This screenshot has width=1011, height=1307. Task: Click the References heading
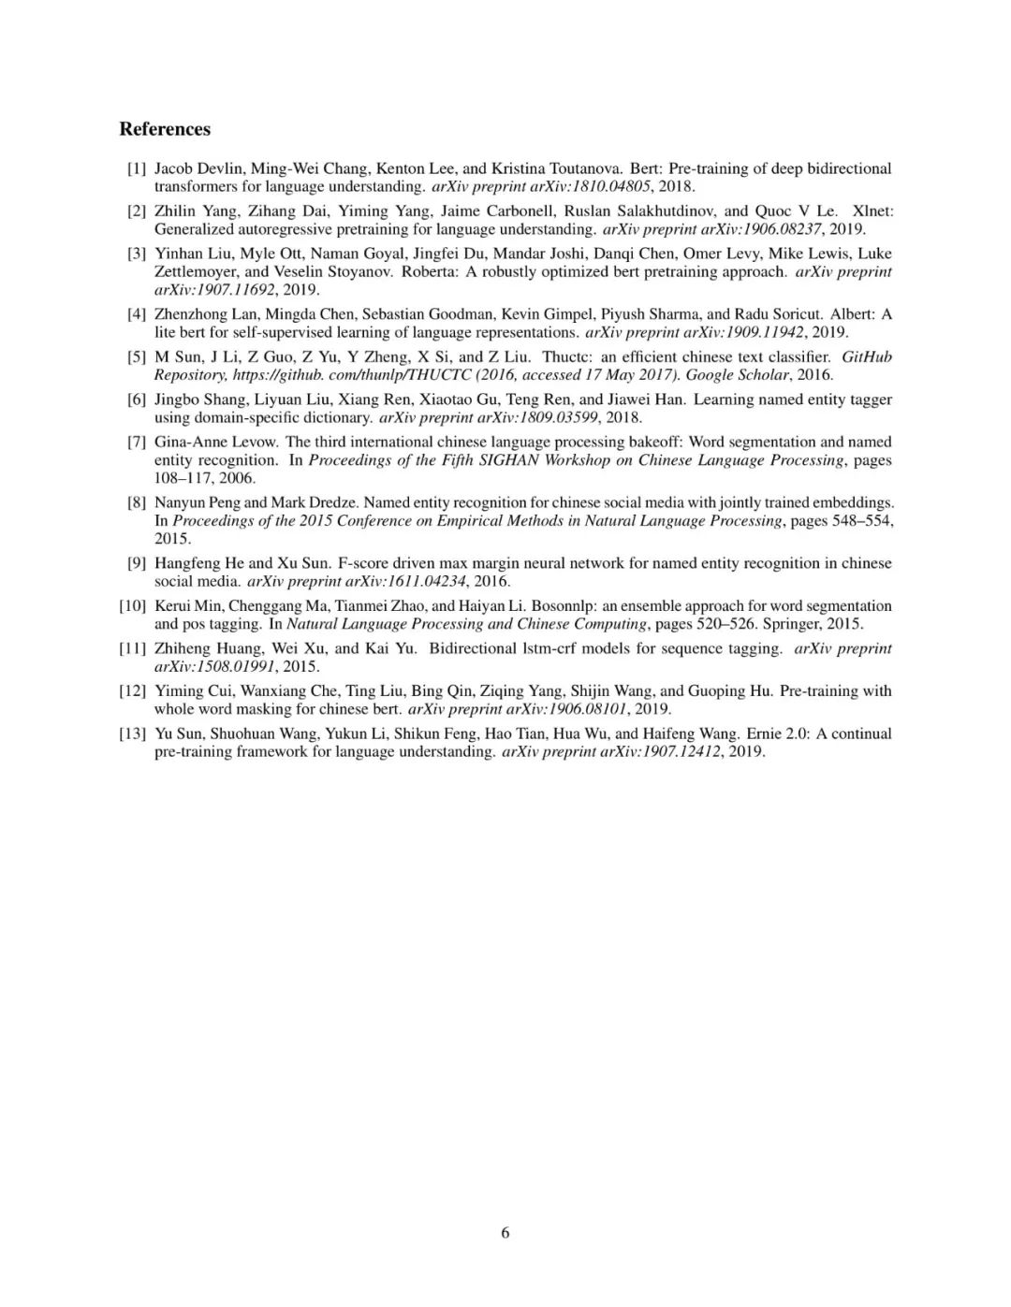[x=165, y=129]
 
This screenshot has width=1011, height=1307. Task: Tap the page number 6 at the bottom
[x=505, y=1232]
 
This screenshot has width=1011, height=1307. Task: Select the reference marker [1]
[x=137, y=168]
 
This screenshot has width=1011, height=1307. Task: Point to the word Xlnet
[x=873, y=211]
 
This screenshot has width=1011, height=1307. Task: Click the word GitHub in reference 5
[x=867, y=356]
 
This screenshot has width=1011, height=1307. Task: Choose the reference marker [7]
[x=137, y=442]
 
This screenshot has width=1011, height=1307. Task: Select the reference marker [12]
[x=133, y=690]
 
